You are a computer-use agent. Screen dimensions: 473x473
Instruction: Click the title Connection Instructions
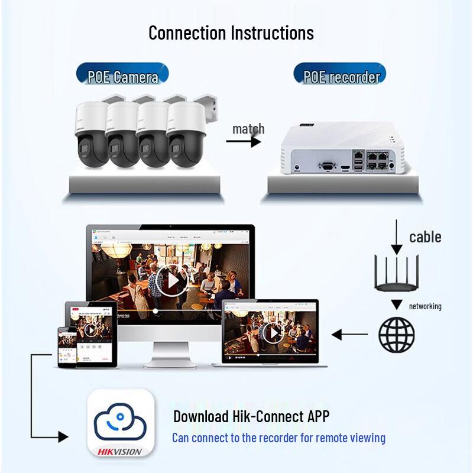coord(231,33)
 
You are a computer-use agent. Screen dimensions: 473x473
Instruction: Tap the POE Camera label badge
coord(123,76)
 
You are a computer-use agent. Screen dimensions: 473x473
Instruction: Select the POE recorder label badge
coord(341,76)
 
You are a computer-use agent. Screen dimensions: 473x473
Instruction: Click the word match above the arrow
coord(248,128)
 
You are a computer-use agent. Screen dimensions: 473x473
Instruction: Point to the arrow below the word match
coord(243,142)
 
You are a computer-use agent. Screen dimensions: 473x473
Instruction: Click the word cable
coord(425,237)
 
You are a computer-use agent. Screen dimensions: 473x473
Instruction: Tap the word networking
coord(425,306)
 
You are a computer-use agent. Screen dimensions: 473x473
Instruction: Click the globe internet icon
coord(396,334)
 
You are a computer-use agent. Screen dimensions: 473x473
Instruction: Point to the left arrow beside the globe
coord(349,335)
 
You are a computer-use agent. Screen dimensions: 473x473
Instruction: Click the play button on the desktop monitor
coord(171,280)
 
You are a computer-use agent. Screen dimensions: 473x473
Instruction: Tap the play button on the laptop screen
coord(273,333)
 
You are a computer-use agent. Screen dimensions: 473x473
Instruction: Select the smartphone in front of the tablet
coord(67,346)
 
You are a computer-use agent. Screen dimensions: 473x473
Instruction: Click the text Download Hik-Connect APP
coord(251,416)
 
